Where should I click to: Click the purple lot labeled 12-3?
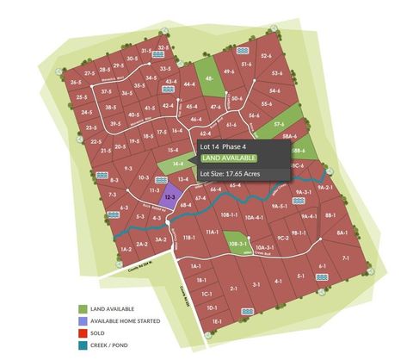[170, 197]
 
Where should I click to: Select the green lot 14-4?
[177, 162]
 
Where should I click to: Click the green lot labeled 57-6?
[280, 125]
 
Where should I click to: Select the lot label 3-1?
[256, 282]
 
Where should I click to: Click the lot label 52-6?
[266, 55]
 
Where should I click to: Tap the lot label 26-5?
[76, 83]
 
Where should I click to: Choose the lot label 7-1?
[345, 258]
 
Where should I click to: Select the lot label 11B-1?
[189, 237]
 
